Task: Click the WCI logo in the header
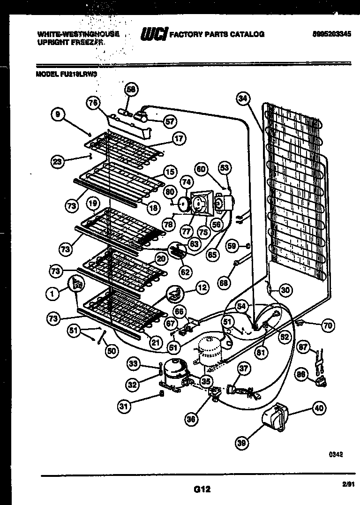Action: (154, 34)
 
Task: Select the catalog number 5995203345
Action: (330, 34)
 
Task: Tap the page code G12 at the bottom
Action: (201, 489)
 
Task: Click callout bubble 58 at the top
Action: (131, 90)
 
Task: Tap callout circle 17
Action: (179, 138)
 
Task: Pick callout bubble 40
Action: (319, 408)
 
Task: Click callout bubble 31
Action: (123, 407)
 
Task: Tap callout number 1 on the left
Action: (52, 294)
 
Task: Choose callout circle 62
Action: (186, 271)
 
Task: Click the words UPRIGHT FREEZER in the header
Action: (70, 42)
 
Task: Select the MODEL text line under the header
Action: (66, 73)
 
